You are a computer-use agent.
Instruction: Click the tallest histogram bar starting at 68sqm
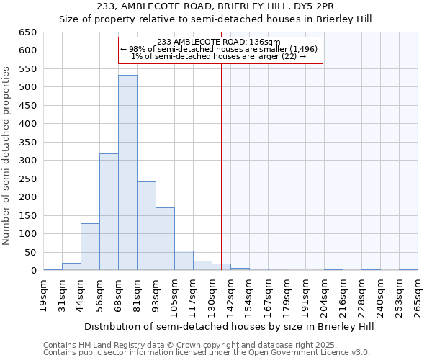(127, 173)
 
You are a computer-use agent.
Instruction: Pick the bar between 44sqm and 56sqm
(90, 247)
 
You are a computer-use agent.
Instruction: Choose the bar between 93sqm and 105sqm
(165, 239)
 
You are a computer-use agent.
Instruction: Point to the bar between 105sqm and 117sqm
(184, 261)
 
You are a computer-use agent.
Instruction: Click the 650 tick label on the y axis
(27, 32)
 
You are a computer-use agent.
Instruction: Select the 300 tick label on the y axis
(27, 161)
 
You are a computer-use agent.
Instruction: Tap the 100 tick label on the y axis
(27, 234)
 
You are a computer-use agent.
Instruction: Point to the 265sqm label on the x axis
(418, 295)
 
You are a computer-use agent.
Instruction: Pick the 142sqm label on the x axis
(230, 295)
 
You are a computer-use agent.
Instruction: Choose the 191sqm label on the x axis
(305, 295)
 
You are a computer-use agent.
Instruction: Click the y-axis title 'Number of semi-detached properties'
(7, 156)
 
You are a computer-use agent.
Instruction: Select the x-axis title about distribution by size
(229, 326)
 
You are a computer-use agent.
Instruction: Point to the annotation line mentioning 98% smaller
(219, 50)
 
